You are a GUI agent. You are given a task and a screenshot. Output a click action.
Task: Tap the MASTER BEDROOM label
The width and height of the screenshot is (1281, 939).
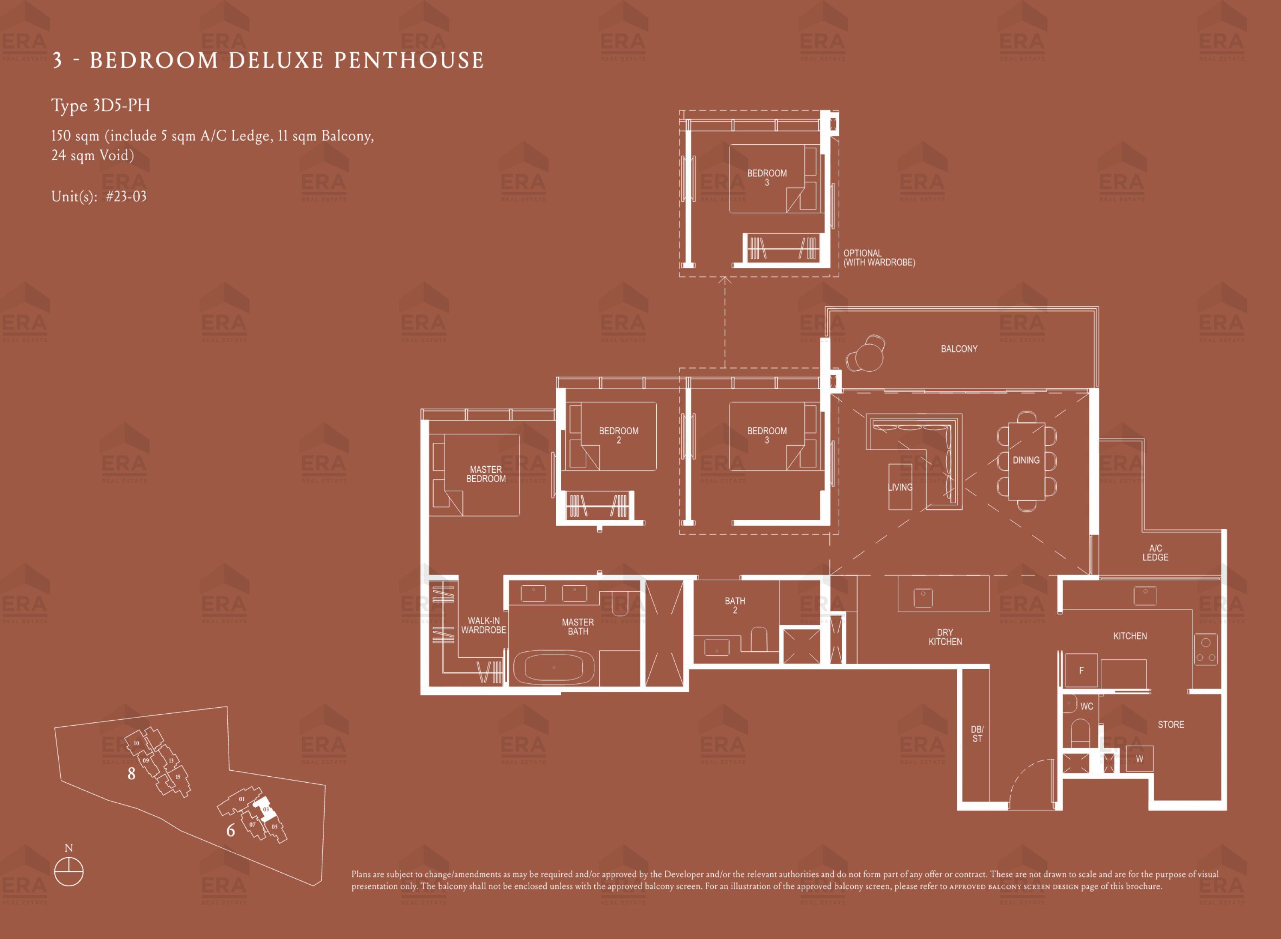tap(486, 474)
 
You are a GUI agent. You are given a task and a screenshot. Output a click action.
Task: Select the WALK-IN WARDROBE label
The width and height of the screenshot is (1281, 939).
tap(484, 625)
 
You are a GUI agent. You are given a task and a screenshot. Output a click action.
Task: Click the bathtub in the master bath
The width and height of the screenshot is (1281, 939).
tap(554, 667)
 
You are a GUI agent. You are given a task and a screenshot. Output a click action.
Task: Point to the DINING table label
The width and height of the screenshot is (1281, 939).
tap(1026, 460)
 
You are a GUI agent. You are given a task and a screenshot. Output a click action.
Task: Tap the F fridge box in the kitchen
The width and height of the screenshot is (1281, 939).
tap(1081, 671)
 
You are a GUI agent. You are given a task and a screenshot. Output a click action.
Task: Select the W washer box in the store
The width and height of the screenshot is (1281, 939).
tap(1139, 759)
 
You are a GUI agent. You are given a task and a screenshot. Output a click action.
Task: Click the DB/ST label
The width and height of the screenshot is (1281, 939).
tap(977, 734)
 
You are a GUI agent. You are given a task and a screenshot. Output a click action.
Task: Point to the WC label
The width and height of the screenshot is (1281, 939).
tap(1087, 706)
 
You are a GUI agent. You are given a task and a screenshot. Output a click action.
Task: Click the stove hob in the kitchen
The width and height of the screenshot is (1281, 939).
tap(1205, 650)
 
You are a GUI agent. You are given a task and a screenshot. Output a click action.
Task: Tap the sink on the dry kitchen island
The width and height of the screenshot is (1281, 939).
tap(923, 597)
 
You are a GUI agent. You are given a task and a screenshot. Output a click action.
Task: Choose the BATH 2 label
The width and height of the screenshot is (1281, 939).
tap(735, 605)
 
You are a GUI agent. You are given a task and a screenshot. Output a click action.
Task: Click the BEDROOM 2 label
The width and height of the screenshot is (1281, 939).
tap(619, 435)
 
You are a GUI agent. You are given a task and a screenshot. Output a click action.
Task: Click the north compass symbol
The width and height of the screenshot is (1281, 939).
tap(69, 871)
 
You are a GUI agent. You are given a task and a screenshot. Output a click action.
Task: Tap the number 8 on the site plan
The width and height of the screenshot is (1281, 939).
tap(131, 774)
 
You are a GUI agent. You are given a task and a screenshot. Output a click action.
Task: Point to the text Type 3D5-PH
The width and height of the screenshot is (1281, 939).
tap(101, 106)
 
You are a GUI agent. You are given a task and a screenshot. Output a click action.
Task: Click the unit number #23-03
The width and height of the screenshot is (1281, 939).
tap(126, 197)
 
